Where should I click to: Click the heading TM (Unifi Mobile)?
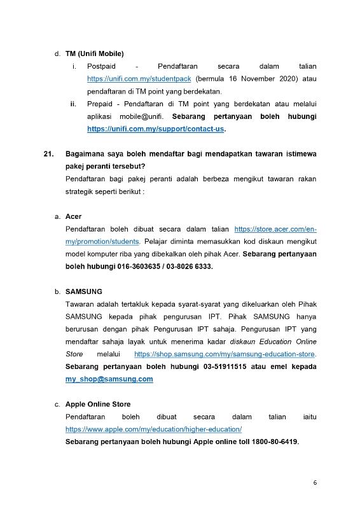(94, 53)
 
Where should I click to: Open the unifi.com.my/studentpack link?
(139, 79)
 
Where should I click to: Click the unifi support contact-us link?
(156, 129)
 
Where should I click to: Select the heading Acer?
(73, 216)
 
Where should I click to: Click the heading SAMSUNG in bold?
(83, 291)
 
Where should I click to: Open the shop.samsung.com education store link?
(225, 354)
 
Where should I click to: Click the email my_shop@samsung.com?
(109, 379)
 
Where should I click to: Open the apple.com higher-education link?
(158, 429)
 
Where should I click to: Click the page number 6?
(315, 482)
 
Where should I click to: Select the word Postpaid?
(102, 66)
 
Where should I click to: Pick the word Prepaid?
(101, 104)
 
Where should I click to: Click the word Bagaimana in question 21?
(87, 154)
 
